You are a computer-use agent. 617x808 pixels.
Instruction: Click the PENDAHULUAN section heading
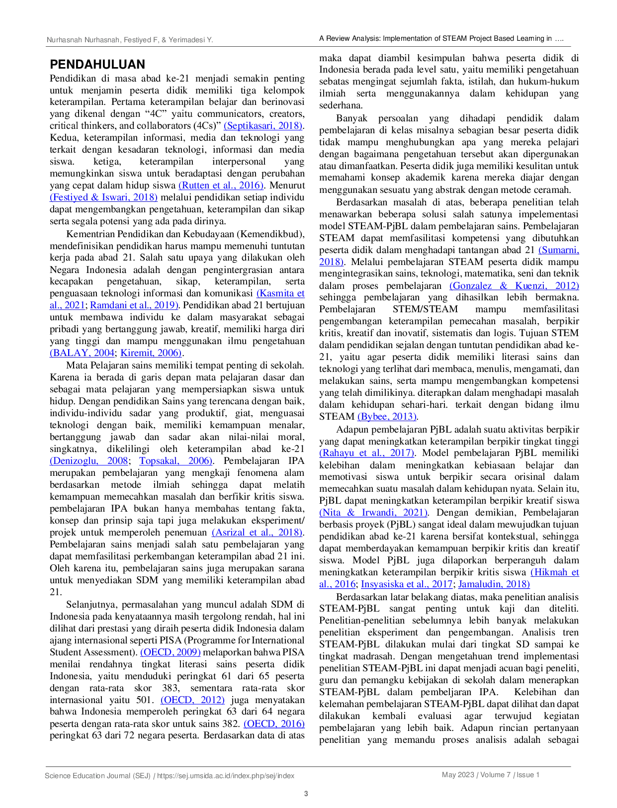tap(97, 64)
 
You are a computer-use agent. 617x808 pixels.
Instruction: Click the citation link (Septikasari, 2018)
tap(263, 125)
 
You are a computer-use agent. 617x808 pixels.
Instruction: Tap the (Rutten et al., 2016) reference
tap(221, 185)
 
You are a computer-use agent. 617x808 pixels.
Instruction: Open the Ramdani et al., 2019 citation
tap(134, 305)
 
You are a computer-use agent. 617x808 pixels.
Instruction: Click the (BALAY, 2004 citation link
tap(82, 352)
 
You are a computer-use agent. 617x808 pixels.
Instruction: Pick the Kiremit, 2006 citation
tap(151, 352)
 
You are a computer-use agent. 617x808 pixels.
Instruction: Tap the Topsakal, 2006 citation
tap(176, 460)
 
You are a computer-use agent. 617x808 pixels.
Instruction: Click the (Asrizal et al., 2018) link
tap(257, 532)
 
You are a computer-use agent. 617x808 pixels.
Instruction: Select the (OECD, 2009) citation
tap(171, 652)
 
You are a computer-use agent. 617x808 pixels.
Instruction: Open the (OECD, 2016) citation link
tap(274, 723)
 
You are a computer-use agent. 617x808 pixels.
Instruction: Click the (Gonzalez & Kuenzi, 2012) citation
tap(514, 285)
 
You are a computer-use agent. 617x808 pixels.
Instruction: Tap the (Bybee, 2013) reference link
tap(387, 416)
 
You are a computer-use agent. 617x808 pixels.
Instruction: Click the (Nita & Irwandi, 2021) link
tap(373, 512)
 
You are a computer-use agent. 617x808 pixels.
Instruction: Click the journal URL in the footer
tap(226, 775)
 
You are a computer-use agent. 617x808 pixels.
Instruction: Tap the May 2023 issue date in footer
tap(458, 775)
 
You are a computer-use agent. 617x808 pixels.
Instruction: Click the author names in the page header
tap(130, 40)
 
